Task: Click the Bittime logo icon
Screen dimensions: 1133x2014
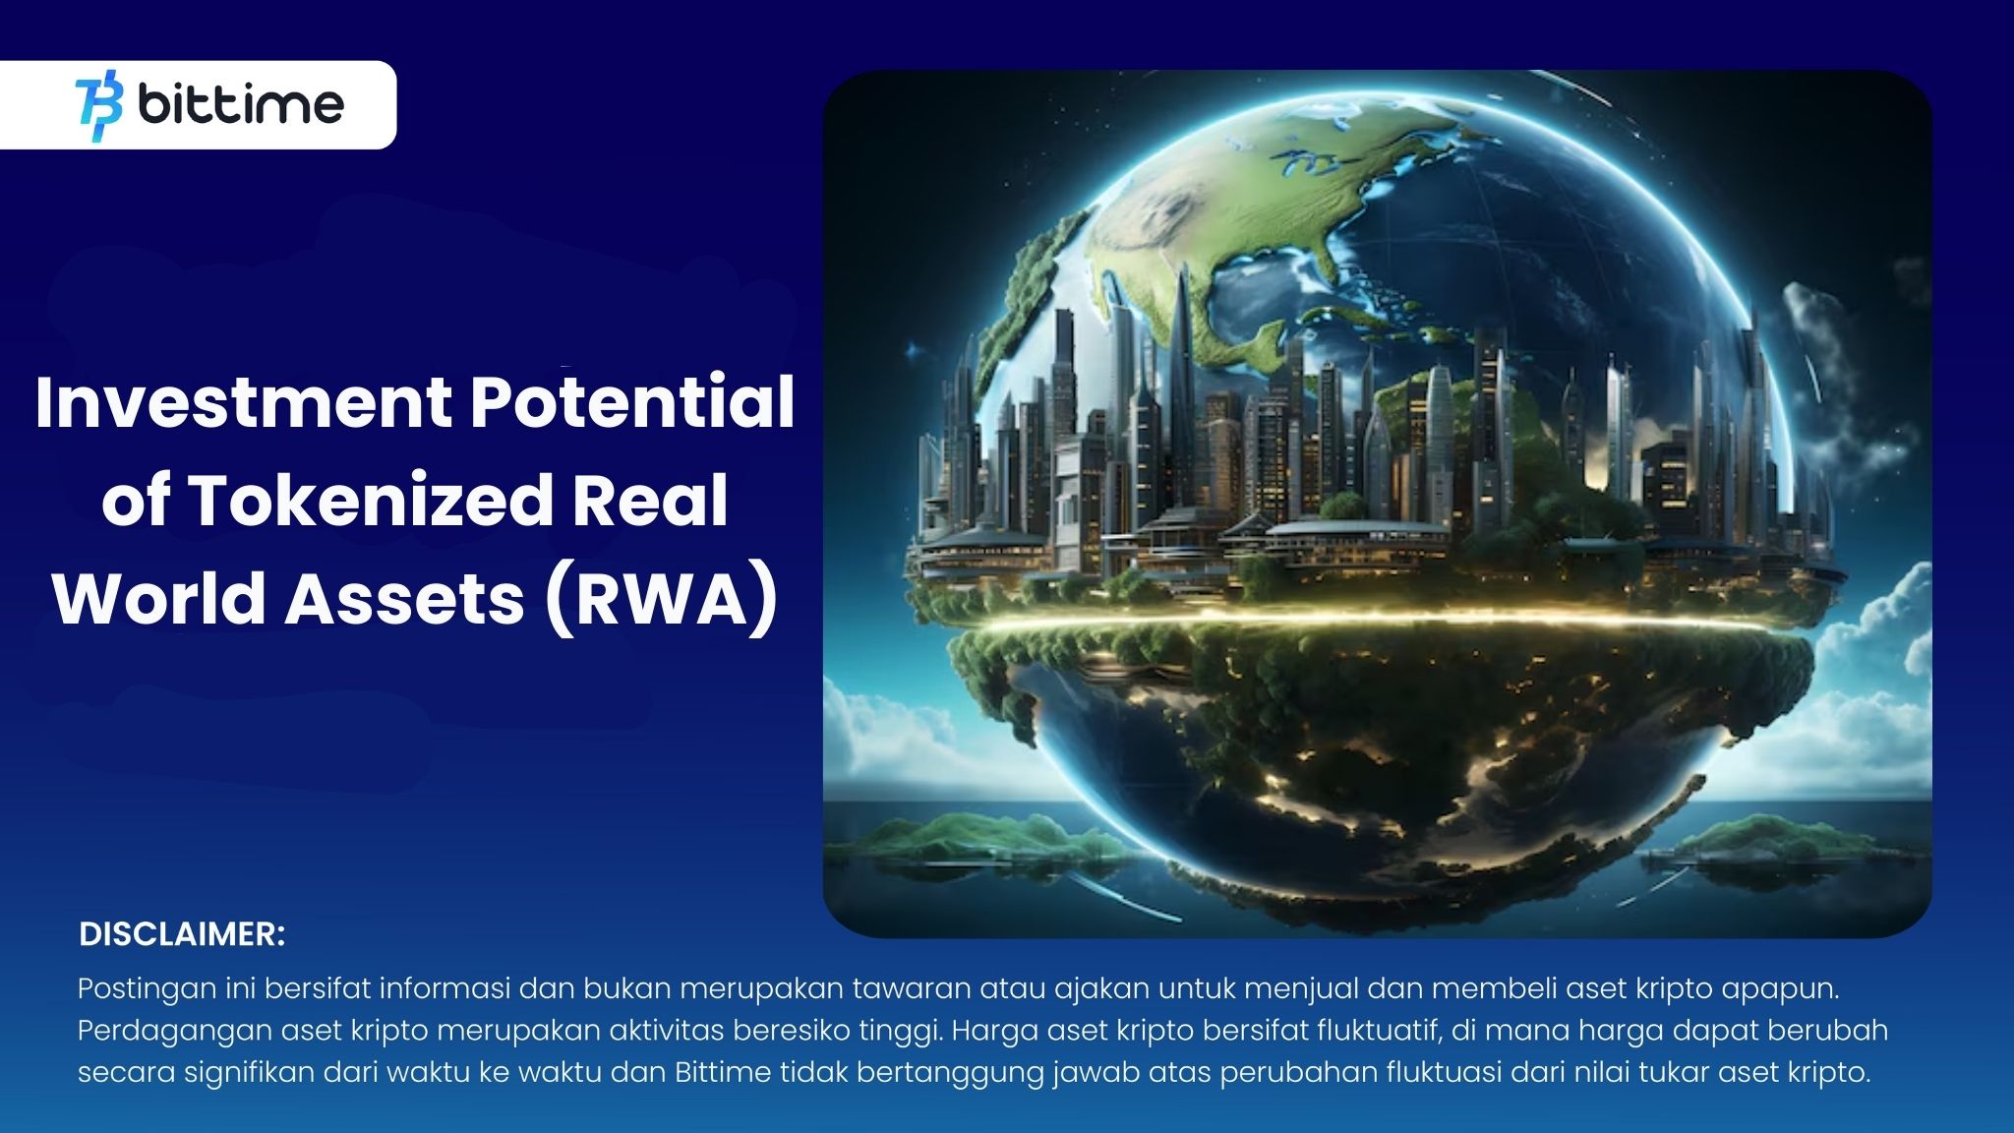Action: click(x=99, y=105)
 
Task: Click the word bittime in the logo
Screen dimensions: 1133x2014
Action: click(x=241, y=104)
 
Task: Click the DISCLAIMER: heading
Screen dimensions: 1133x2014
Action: click(x=182, y=934)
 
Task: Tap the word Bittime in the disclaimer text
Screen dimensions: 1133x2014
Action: click(x=723, y=1071)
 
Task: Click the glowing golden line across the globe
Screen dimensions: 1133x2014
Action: click(x=1377, y=623)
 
